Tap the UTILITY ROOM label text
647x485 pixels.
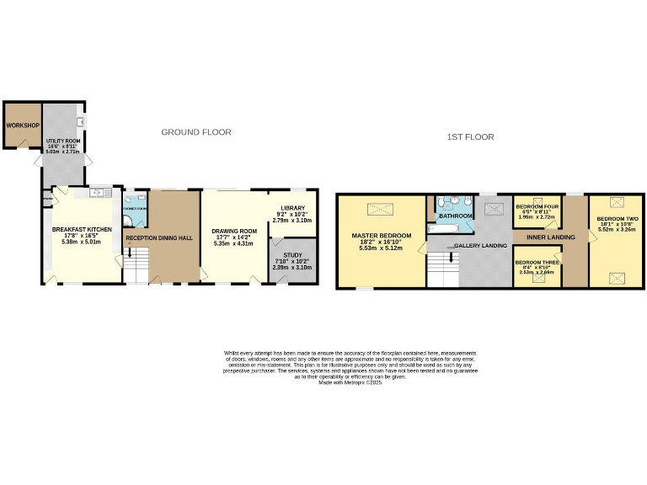(62, 142)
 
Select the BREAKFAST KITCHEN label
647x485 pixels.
(82, 229)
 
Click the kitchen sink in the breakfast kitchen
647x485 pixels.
(99, 193)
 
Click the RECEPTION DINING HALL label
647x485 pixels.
(159, 238)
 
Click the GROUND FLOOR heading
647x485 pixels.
(196, 132)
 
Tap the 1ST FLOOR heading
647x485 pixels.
(470, 136)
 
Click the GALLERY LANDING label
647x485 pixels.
(480, 246)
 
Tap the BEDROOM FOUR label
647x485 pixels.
(538, 206)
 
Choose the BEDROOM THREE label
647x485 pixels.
(538, 262)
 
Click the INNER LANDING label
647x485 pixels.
(550, 237)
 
